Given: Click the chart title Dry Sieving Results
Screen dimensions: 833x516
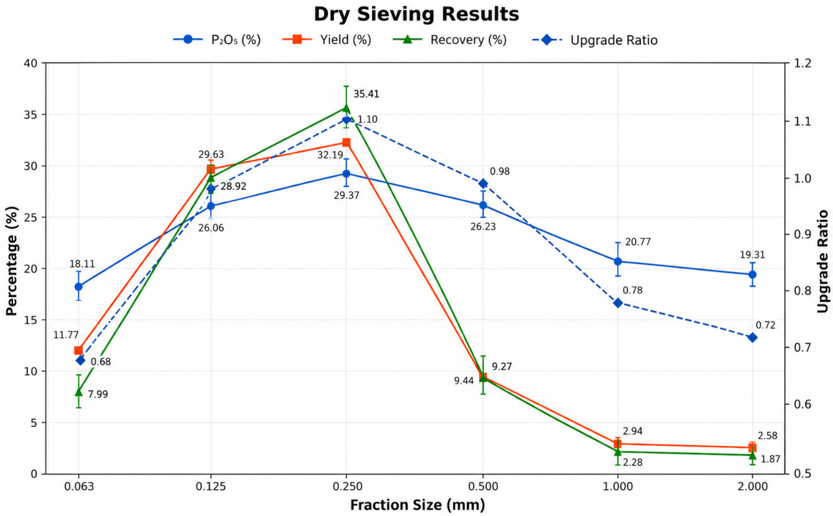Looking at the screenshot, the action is pos(416,14).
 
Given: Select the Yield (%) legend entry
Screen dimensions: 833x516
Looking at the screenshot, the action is pos(327,40).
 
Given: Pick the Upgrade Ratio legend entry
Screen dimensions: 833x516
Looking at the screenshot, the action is pos(595,40).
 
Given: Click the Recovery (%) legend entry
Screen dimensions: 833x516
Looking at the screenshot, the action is pos(450,40).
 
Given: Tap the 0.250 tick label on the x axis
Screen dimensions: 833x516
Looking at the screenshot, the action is pos(346,486).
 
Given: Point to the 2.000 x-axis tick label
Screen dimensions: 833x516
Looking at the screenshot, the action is pos(753,486).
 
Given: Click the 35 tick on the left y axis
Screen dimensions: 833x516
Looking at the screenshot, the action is pos(30,115).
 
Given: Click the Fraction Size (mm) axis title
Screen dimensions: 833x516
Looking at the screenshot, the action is pos(417,505).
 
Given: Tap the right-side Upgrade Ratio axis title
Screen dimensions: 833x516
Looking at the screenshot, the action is pos(823,262).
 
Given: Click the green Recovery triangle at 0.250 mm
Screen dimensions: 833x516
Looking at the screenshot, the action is pos(346,108).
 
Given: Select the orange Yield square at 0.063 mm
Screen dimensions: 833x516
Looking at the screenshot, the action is pos(78,350).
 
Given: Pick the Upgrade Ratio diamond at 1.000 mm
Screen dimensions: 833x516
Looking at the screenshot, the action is pos(618,303).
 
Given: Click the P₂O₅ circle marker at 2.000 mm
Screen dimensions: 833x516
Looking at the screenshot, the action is pos(753,275).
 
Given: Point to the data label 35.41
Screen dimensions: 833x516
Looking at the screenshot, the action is pos(366,94).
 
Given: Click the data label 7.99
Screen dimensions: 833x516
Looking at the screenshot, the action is pos(98,394).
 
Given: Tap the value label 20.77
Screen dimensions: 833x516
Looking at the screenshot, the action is pos(638,242).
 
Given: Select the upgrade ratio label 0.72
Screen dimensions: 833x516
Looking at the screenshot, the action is pos(766,325).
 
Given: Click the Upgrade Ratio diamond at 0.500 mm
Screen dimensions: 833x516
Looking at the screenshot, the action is pos(483,183).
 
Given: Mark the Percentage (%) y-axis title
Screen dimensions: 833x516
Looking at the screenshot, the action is pos(12,262).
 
